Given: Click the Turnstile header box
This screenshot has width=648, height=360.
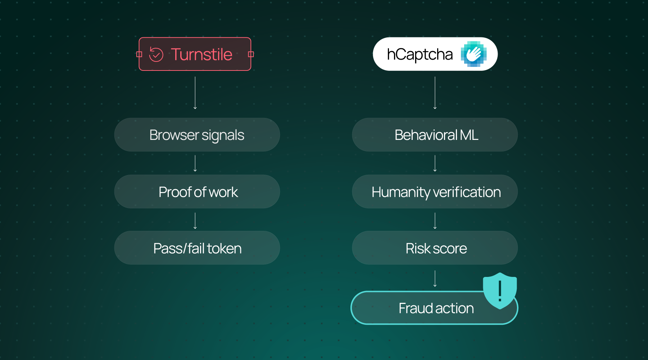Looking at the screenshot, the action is point(195,54).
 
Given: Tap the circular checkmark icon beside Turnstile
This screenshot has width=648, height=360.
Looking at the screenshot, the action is point(156,54).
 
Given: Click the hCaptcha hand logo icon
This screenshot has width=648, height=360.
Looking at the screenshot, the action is point(474,54).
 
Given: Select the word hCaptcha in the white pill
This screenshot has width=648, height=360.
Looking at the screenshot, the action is point(420,54).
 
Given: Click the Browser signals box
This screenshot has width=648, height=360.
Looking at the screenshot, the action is point(197,135).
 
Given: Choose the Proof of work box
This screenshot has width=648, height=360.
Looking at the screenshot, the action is point(197,192).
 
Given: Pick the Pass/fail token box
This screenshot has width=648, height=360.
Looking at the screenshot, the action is point(197,248).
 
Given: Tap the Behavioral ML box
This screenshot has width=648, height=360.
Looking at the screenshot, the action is point(435,135).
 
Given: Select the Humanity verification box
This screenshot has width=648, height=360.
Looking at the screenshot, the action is point(435,192).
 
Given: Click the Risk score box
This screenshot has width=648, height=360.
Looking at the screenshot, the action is point(435,248).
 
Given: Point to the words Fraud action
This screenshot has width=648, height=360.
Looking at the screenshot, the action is point(436,308).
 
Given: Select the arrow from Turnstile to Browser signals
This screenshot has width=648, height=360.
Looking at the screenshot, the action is point(195,93).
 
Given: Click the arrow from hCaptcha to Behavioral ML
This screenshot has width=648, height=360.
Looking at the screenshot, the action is point(435,93).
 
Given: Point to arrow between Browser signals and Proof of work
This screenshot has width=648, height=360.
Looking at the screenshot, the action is point(195,163).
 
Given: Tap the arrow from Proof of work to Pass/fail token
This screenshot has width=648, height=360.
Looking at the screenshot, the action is point(195,220).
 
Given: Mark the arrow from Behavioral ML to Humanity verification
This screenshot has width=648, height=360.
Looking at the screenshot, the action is point(435,163).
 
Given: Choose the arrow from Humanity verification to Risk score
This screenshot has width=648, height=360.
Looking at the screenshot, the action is point(435,220).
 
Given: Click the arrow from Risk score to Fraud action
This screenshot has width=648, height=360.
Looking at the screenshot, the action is point(435,278).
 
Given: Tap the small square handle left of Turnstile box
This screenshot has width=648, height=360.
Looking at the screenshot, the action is point(139,54).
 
